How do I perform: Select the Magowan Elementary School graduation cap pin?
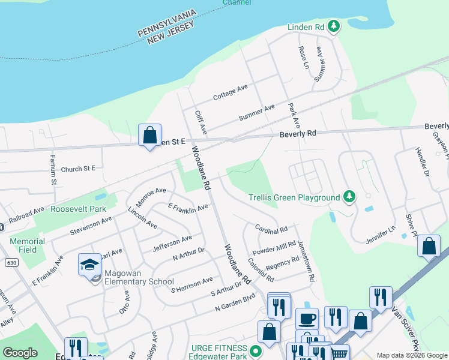tap(89, 265)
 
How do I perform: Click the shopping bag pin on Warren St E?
tap(149, 135)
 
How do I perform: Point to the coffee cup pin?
tap(307, 319)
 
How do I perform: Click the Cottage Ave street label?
tap(231, 92)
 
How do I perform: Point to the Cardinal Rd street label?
tap(271, 229)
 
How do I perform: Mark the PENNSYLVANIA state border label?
tap(167, 22)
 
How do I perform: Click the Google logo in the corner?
tap(20, 353)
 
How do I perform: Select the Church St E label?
tap(78, 169)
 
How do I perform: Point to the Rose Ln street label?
tap(303, 56)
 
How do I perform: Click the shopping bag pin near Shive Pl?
tap(429, 246)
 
